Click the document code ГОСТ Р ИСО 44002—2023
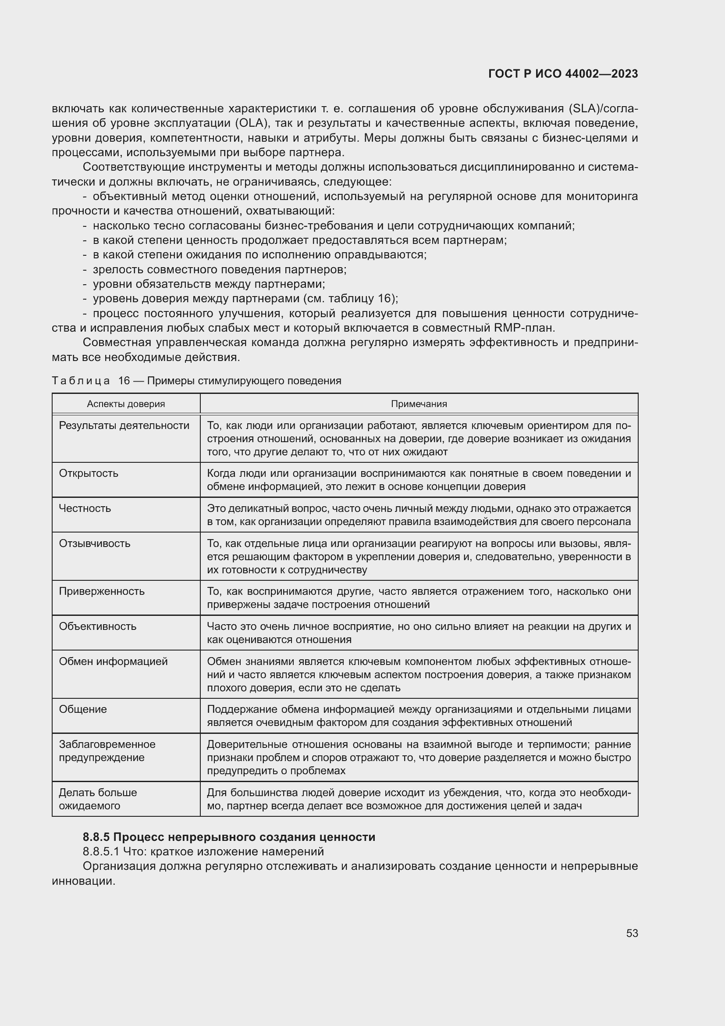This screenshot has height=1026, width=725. click(x=563, y=74)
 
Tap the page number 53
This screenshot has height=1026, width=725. click(x=632, y=933)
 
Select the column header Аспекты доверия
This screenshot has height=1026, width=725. click(x=126, y=404)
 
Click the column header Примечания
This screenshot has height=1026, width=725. click(x=419, y=404)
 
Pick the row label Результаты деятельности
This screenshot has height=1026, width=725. click(x=124, y=425)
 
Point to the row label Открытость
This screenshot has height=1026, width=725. click(x=89, y=473)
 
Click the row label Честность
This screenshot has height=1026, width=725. click(x=85, y=508)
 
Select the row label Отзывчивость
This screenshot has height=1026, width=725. click(x=95, y=543)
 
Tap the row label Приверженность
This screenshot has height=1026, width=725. click(x=102, y=591)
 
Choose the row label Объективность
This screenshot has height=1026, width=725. click(x=98, y=626)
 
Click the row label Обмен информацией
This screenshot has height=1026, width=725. click(x=114, y=661)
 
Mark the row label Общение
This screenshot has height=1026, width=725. click(x=83, y=709)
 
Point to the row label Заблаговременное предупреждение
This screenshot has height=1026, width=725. click(x=107, y=751)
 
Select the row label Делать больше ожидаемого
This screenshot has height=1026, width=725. click(x=98, y=799)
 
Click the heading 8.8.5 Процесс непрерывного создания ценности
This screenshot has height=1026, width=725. click(x=229, y=837)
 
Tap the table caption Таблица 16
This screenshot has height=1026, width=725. click(x=91, y=381)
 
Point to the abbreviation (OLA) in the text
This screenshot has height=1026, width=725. click(x=250, y=123)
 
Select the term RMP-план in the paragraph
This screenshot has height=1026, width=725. click(x=524, y=328)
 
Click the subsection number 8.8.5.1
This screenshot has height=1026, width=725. click(x=101, y=851)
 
